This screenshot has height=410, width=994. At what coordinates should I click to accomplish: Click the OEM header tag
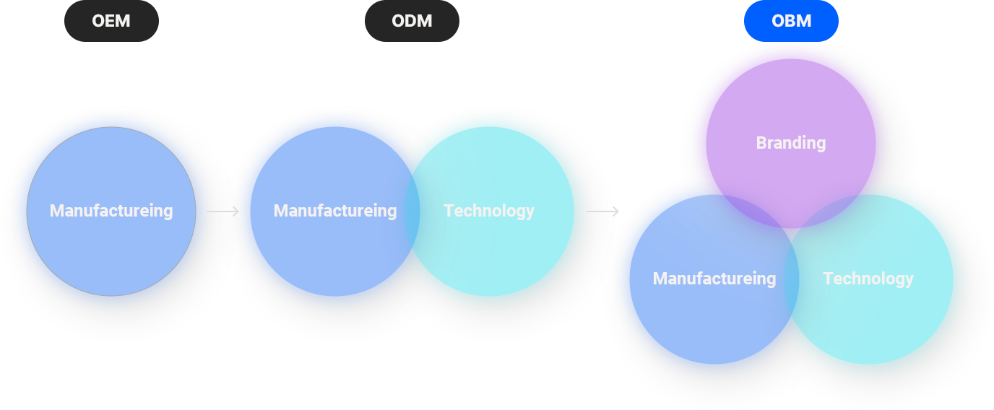coord(111,21)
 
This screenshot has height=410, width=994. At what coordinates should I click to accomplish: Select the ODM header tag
coord(412,21)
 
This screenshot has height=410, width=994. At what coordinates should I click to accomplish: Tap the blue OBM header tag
coord(791,21)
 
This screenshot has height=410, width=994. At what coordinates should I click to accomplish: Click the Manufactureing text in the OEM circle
coord(111,211)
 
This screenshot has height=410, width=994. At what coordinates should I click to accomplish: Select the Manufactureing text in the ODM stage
coord(335,211)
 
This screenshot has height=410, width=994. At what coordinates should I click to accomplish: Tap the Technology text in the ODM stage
coord(489,211)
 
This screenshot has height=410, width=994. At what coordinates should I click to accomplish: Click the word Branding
coord(791,143)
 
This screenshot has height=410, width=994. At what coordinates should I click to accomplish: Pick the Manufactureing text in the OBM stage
coord(714,279)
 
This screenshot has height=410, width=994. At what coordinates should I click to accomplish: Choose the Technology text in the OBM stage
coord(868,279)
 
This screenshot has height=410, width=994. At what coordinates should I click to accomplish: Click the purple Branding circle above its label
coord(791,94)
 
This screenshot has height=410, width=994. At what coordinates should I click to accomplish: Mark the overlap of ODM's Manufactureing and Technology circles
coord(412,211)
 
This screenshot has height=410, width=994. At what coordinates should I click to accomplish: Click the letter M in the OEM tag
coord(123,21)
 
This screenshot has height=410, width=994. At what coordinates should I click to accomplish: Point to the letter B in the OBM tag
coord(792,21)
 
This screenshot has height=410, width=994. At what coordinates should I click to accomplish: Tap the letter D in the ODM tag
coord(412,21)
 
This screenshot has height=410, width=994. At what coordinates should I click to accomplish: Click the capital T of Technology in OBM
coord(828,279)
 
